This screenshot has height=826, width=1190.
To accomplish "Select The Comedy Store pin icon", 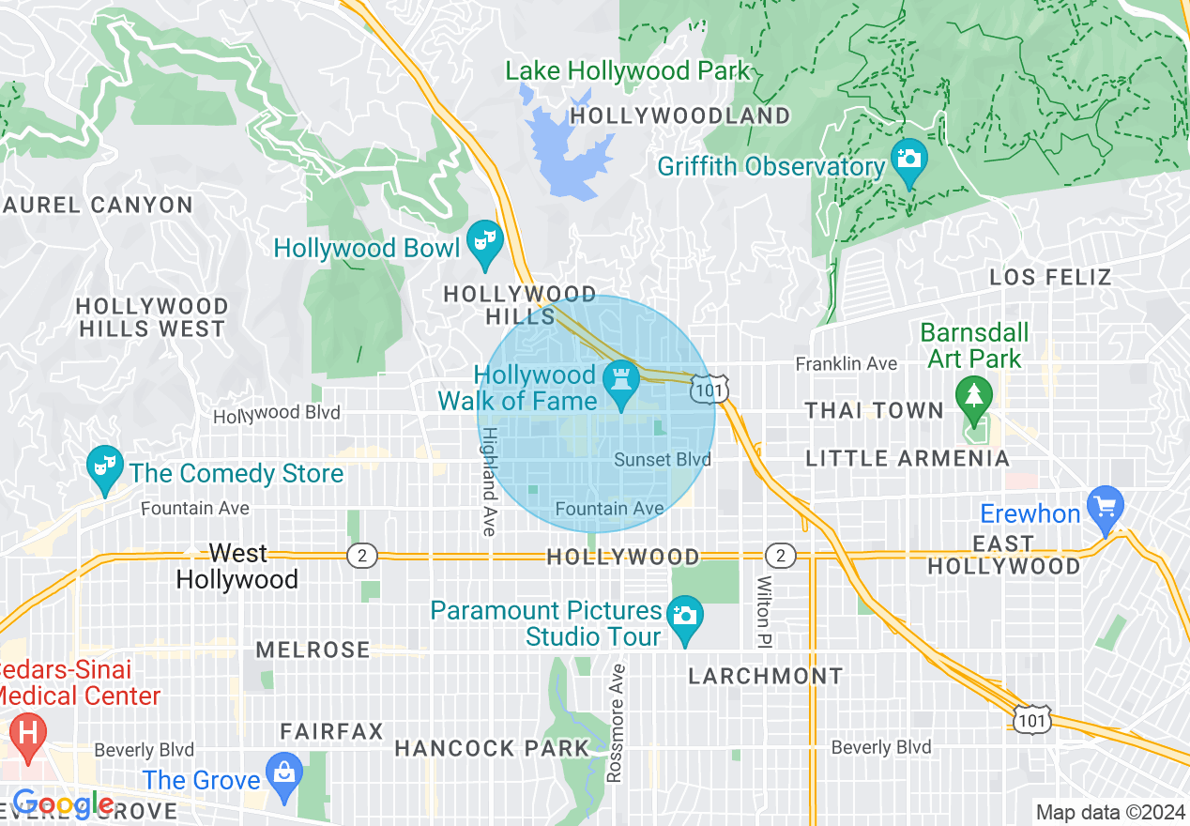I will (x=105, y=465).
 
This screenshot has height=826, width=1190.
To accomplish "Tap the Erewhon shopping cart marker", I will (x=1106, y=505).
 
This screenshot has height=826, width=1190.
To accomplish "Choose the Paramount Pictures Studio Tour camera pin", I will (x=685, y=616).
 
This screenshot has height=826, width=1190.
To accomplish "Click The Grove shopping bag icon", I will (x=283, y=772).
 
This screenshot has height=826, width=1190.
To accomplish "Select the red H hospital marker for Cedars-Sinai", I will (x=26, y=730).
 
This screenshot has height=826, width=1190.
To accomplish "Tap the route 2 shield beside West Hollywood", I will (x=361, y=556).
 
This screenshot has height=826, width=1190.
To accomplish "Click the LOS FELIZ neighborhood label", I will (x=1050, y=277).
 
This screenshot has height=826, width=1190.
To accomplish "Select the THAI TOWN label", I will (x=875, y=410).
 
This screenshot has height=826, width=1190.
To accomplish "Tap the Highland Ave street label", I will (x=489, y=482).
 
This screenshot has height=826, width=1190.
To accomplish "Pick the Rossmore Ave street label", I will (x=616, y=723).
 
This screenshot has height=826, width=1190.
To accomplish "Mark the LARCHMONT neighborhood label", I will (x=766, y=676).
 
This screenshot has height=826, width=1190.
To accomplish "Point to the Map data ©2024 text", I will (x=1108, y=812).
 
